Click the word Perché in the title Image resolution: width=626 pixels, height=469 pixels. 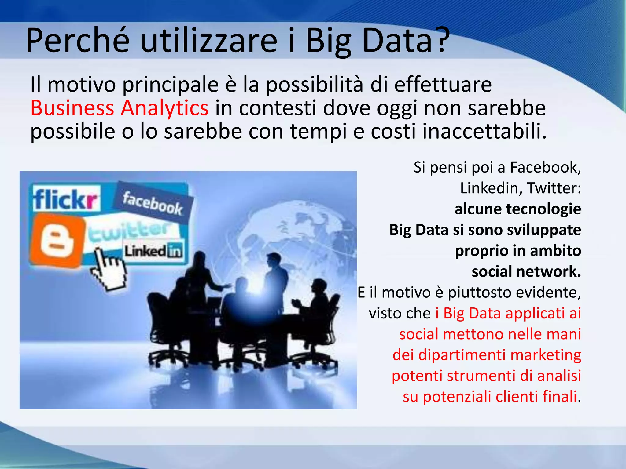coord(78,40)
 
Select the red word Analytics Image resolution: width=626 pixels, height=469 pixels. coord(165,108)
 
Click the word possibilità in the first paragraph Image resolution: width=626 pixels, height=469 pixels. coord(315,85)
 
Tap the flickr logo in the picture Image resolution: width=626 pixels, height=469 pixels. coord(66,198)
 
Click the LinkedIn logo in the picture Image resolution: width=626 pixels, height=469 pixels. coord(153,251)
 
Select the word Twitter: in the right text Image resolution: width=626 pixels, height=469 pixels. coord(554,188)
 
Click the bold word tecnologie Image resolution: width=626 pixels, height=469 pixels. coord(543,209)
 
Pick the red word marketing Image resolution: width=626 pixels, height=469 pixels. coord(545,355)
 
